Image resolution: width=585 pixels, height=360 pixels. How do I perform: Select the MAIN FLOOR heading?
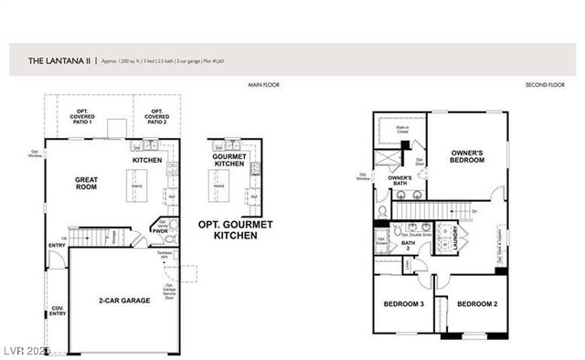(263, 85)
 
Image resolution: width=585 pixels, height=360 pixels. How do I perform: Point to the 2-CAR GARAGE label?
(124, 300)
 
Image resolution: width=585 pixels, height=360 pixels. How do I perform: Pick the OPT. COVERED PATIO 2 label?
(156, 118)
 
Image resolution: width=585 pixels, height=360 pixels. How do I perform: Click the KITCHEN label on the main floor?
(147, 160)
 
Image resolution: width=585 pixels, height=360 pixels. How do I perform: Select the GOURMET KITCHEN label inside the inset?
(229, 160)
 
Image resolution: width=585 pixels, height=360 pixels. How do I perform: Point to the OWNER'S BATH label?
(399, 180)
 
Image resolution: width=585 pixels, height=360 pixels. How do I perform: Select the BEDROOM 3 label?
(403, 303)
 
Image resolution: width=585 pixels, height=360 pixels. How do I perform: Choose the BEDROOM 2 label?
(476, 303)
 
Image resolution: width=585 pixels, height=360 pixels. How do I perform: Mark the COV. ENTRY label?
(58, 312)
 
